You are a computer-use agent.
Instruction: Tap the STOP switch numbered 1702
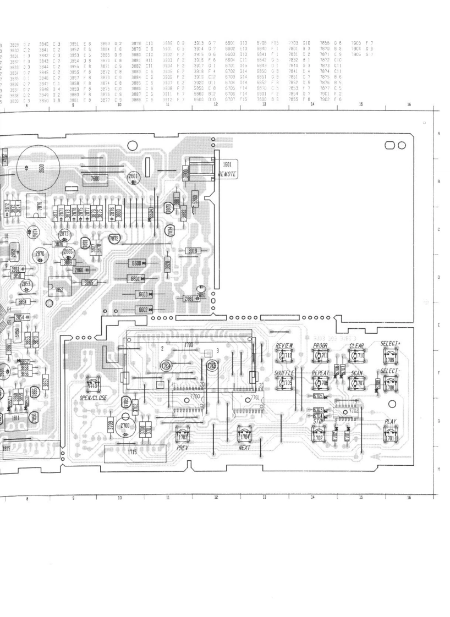click(319, 438)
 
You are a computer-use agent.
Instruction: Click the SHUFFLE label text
click(284, 373)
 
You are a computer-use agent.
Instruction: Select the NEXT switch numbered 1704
click(244, 437)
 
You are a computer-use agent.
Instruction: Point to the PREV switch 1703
click(182, 437)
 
